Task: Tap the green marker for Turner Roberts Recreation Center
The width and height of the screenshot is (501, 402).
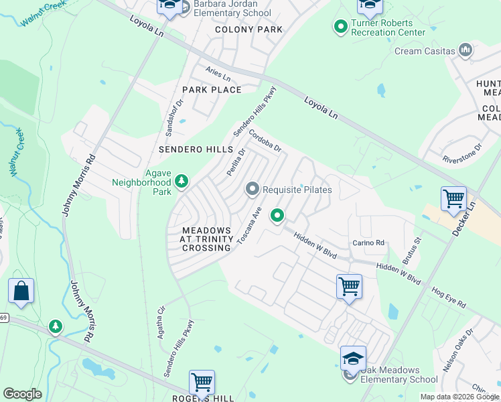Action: (340, 27)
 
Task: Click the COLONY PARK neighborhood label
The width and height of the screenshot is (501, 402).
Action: (248, 29)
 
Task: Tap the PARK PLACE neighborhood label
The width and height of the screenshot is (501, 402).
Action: (211, 89)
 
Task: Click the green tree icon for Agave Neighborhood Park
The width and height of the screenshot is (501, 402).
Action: (181, 182)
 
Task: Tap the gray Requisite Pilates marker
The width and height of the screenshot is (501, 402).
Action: (253, 190)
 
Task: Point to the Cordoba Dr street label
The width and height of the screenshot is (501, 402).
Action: (265, 141)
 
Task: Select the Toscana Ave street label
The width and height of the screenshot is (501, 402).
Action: (248, 225)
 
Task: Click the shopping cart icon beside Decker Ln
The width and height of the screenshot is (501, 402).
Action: (453, 199)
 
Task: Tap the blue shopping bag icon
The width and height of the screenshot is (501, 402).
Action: (21, 292)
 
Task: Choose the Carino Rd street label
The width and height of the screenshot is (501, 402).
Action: (369, 243)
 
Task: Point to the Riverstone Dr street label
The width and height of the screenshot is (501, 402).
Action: (462, 153)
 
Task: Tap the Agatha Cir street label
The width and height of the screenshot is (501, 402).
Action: (161, 322)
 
